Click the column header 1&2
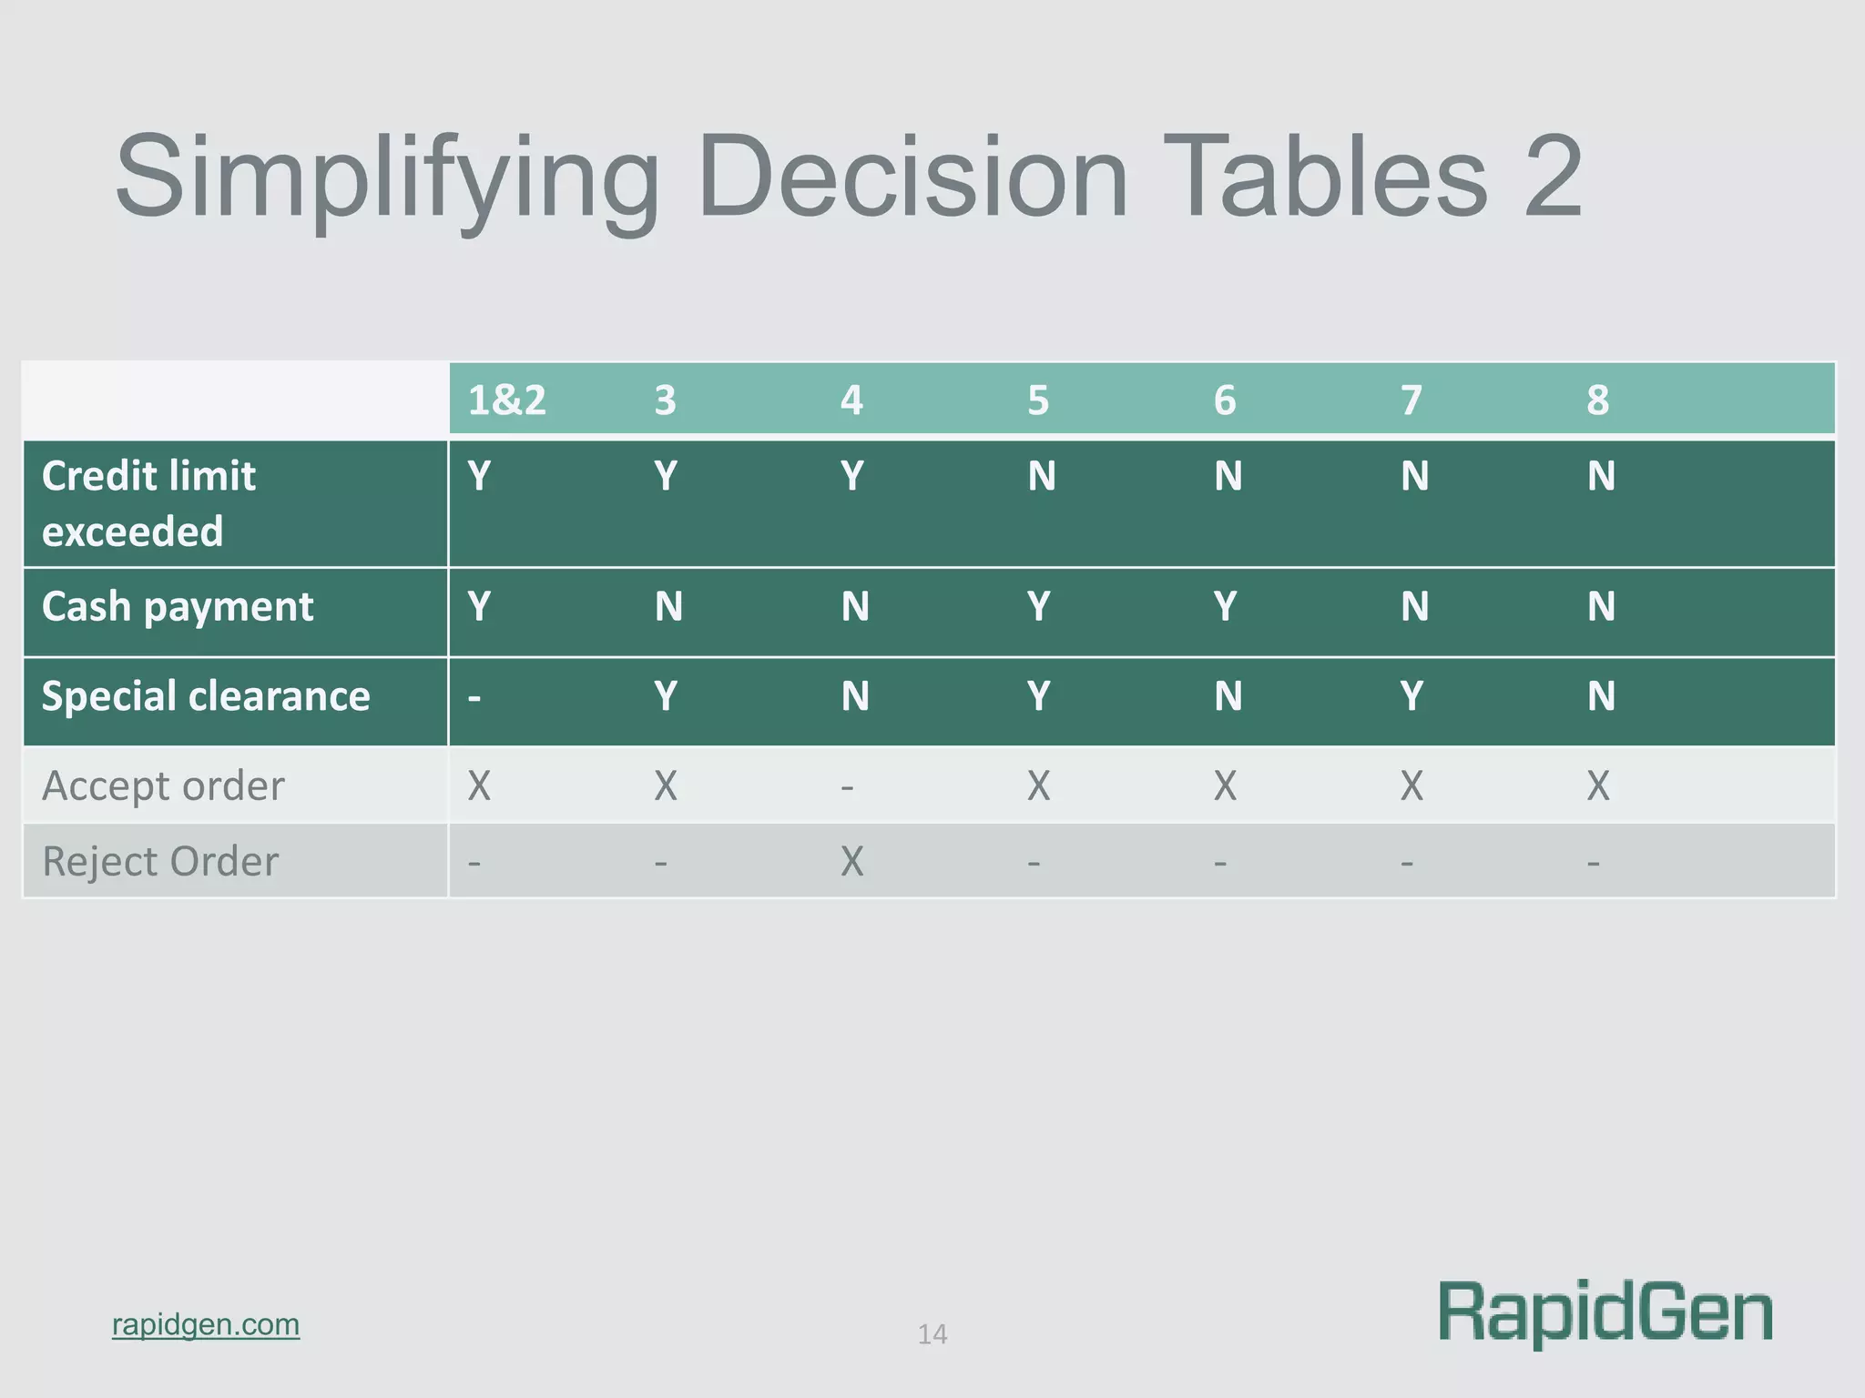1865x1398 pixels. pos(506,400)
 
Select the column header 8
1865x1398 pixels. pos(1597,400)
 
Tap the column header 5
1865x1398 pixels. pos(1038,400)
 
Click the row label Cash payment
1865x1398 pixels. pos(178,607)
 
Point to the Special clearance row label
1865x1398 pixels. pos(206,696)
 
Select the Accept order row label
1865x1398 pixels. pos(163,785)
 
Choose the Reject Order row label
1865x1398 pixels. pos(160,861)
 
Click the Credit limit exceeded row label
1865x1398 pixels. pos(148,503)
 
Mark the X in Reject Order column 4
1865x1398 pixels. pos(851,861)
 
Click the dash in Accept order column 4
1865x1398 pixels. pos(847,786)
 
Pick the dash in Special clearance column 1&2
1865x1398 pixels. pos(474,698)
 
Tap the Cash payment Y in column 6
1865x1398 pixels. pos(1225,607)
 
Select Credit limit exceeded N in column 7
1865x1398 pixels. pos(1414,476)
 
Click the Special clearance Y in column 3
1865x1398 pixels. pos(666,696)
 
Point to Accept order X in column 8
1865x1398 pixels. pos(1598,785)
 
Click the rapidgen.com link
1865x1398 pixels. pos(206,1324)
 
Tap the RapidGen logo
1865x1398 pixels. pos(1605,1312)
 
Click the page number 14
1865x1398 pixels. pos(932,1334)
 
